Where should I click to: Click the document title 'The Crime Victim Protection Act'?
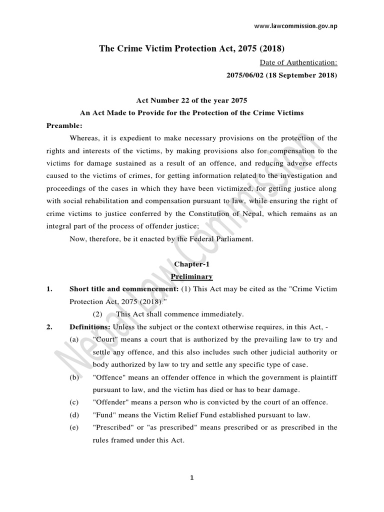pos(191,48)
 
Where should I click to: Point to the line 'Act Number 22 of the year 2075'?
pos(191,100)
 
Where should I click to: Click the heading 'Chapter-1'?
pos(192,263)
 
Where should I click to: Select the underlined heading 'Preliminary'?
pos(192,276)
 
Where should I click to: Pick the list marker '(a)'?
pos(74,339)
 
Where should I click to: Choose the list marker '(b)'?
pos(74,377)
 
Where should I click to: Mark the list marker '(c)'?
pos(74,402)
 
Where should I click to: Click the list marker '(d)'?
pos(74,414)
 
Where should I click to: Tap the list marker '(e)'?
pos(74,427)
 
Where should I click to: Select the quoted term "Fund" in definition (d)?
pos(103,414)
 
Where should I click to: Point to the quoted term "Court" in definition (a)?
pos(105,339)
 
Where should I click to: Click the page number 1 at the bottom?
pos(191,477)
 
